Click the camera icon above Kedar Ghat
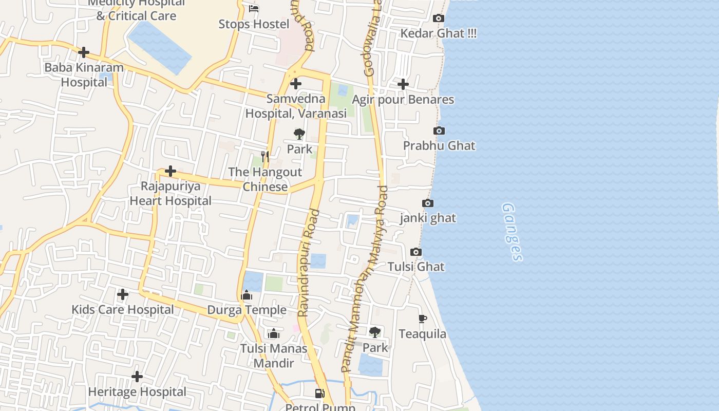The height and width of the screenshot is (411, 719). [x=438, y=18]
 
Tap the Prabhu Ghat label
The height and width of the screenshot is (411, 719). [x=439, y=145]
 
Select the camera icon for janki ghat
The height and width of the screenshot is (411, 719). [x=427, y=203]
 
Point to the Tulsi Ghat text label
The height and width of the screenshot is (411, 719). [x=416, y=267]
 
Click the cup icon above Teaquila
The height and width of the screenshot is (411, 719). [x=422, y=319]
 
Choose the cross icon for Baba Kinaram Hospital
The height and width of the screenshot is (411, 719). [x=84, y=52]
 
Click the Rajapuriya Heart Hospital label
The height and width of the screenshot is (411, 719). [x=171, y=193]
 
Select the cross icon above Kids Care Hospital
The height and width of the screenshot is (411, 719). [x=123, y=294]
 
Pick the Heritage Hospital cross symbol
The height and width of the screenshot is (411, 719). [x=137, y=377]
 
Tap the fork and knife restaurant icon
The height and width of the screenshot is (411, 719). [x=265, y=156]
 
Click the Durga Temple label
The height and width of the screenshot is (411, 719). [x=247, y=310]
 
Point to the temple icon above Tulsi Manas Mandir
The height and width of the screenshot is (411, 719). [x=274, y=334]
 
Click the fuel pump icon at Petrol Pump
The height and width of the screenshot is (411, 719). [x=320, y=394]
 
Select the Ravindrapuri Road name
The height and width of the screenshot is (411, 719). [x=309, y=263]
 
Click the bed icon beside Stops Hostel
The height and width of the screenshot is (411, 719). [x=254, y=9]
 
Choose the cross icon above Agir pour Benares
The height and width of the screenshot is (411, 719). [x=403, y=84]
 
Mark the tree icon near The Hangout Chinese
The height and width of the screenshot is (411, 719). [x=299, y=135]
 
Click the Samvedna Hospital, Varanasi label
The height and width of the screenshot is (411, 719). [x=296, y=106]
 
